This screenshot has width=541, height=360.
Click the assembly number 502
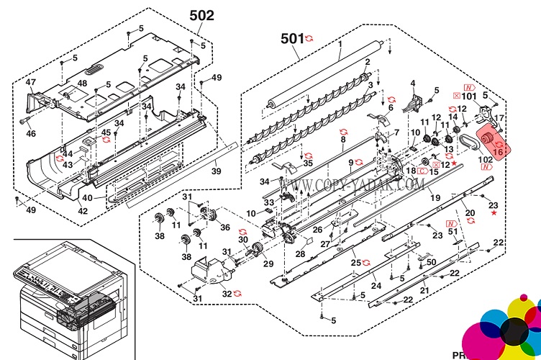(201, 14)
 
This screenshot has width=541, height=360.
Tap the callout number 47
(31, 83)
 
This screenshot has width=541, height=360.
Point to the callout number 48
(83, 84)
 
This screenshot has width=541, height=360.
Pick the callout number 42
(83, 211)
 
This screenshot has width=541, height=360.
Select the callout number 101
(469, 95)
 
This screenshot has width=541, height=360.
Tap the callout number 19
(435, 197)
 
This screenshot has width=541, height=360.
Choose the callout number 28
(301, 253)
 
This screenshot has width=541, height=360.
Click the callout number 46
(31, 134)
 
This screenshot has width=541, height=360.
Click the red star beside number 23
(494, 213)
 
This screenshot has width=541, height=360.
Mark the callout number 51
(453, 233)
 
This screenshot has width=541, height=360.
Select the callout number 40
(87, 197)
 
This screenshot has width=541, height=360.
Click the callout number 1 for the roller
(340, 43)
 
